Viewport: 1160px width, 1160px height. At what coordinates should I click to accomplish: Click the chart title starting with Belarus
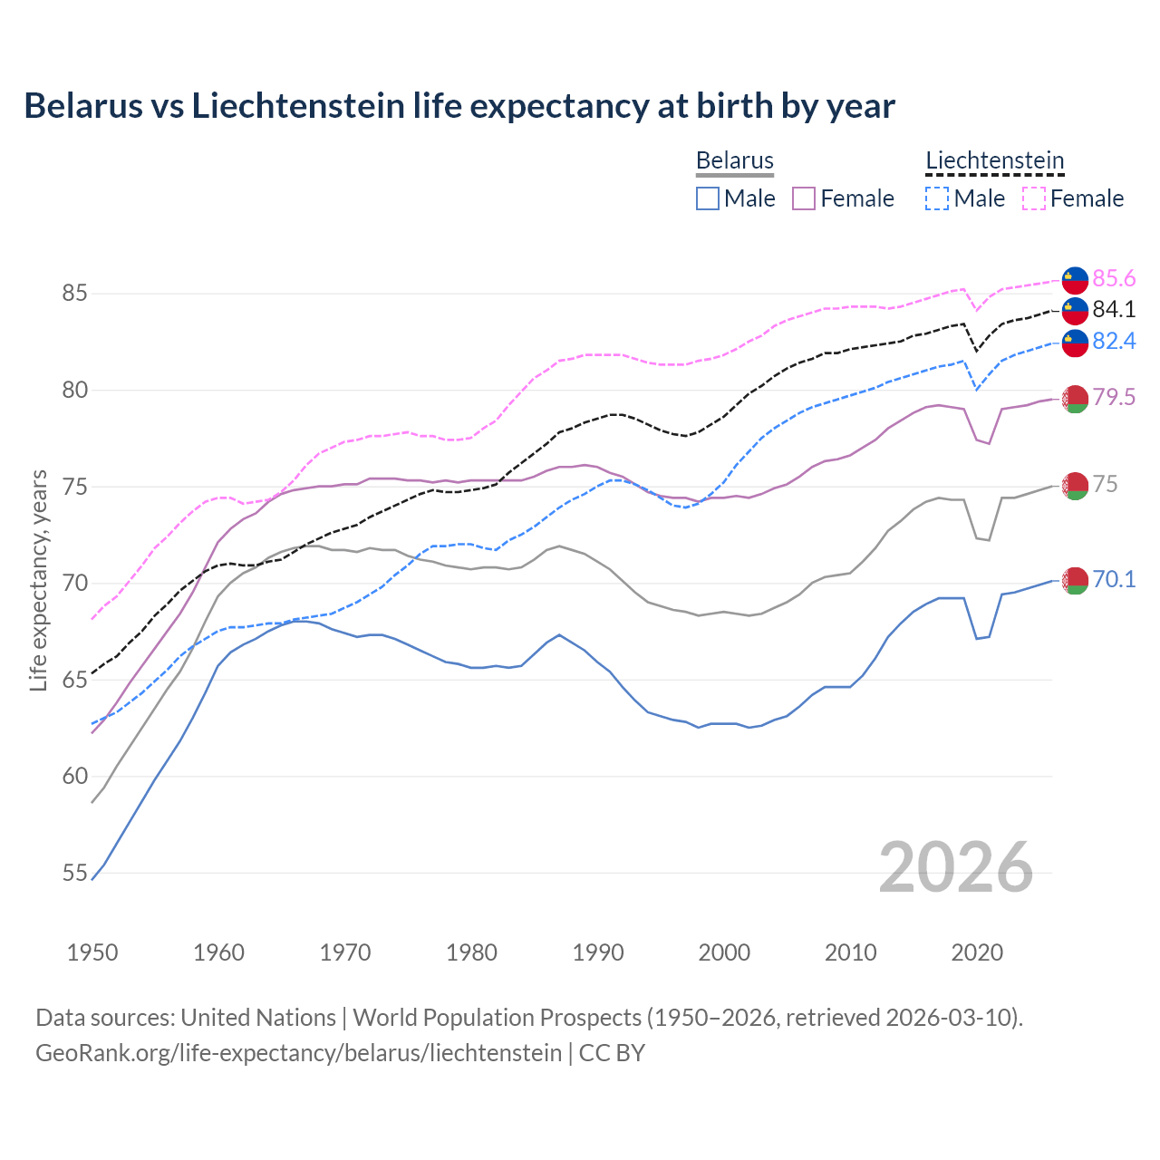tap(459, 106)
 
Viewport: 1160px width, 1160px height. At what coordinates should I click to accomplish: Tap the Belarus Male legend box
tap(708, 198)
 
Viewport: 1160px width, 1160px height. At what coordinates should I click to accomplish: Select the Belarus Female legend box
tap(804, 198)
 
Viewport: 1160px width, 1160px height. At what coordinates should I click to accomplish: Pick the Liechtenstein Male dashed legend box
tap(937, 198)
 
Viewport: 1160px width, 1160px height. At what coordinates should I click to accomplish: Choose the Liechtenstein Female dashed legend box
tap(1034, 198)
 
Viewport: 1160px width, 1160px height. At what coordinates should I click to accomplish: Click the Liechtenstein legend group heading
tap(994, 161)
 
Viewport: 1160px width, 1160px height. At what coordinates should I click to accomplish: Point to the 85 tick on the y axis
tap(74, 294)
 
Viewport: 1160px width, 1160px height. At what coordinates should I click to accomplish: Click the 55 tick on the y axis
tap(74, 874)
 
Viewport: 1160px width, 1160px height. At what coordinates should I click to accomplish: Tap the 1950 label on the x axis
tap(92, 952)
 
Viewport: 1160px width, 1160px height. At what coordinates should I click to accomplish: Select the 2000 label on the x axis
tap(724, 952)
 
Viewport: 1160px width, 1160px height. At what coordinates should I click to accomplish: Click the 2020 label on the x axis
tap(977, 952)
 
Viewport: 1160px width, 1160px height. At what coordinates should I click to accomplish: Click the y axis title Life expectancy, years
tap(39, 580)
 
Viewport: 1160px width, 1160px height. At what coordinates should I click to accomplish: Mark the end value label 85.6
tap(1114, 278)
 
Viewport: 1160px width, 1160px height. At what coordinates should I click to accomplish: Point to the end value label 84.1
tap(1114, 310)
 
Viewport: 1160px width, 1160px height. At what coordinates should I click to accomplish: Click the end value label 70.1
tap(1114, 580)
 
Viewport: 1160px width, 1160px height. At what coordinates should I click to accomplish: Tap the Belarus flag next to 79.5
tap(1075, 398)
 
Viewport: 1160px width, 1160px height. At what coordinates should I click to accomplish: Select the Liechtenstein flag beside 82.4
tap(1075, 343)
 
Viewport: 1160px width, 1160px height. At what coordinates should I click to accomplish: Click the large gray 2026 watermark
tap(956, 867)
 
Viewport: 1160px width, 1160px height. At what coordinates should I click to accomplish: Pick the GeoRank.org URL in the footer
tap(298, 1053)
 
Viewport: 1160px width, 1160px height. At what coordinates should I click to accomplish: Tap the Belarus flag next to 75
tap(1075, 486)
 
